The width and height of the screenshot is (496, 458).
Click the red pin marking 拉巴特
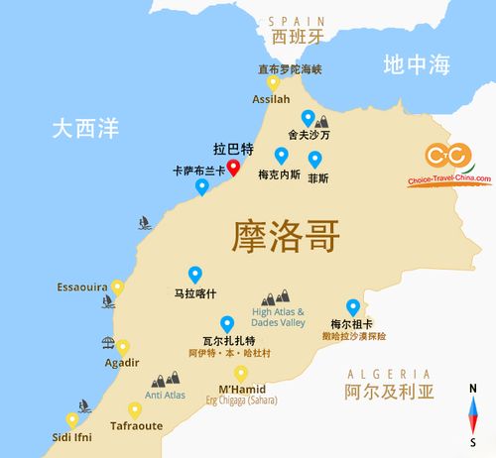point(233,166)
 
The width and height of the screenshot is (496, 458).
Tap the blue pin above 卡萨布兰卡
point(202,185)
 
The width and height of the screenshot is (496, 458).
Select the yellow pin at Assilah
point(272,84)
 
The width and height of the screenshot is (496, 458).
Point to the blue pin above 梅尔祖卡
point(352,306)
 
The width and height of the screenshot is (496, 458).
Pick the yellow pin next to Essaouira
point(117,287)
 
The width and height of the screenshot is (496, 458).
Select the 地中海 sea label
point(417,65)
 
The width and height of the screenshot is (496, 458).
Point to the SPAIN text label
point(297,20)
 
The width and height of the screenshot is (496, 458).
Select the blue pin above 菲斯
point(315,158)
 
